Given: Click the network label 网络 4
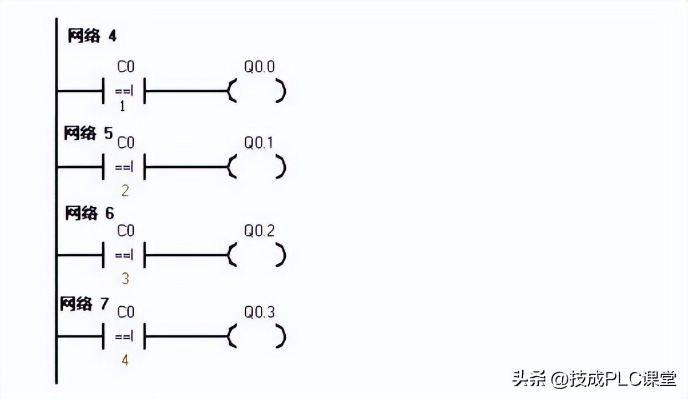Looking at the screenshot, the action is click(x=92, y=37).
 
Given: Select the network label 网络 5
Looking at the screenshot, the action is click(x=88, y=134).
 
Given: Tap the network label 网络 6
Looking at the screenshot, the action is click(x=89, y=213).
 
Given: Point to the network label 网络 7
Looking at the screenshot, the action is click(x=85, y=304).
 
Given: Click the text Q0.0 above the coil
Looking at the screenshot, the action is click(x=259, y=67).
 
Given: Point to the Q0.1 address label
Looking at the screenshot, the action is click(x=259, y=143).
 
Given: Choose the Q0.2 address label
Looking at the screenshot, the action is click(x=259, y=231).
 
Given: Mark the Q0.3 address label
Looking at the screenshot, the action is click(x=259, y=313).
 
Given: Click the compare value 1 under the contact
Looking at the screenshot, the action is click(x=123, y=106).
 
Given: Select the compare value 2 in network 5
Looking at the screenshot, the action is click(x=125, y=191).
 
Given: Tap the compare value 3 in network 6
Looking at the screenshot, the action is click(x=125, y=278).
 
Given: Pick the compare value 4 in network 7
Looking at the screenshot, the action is click(x=125, y=360).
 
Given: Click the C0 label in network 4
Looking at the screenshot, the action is click(x=125, y=67).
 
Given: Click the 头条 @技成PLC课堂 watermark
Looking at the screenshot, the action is click(x=594, y=378).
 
